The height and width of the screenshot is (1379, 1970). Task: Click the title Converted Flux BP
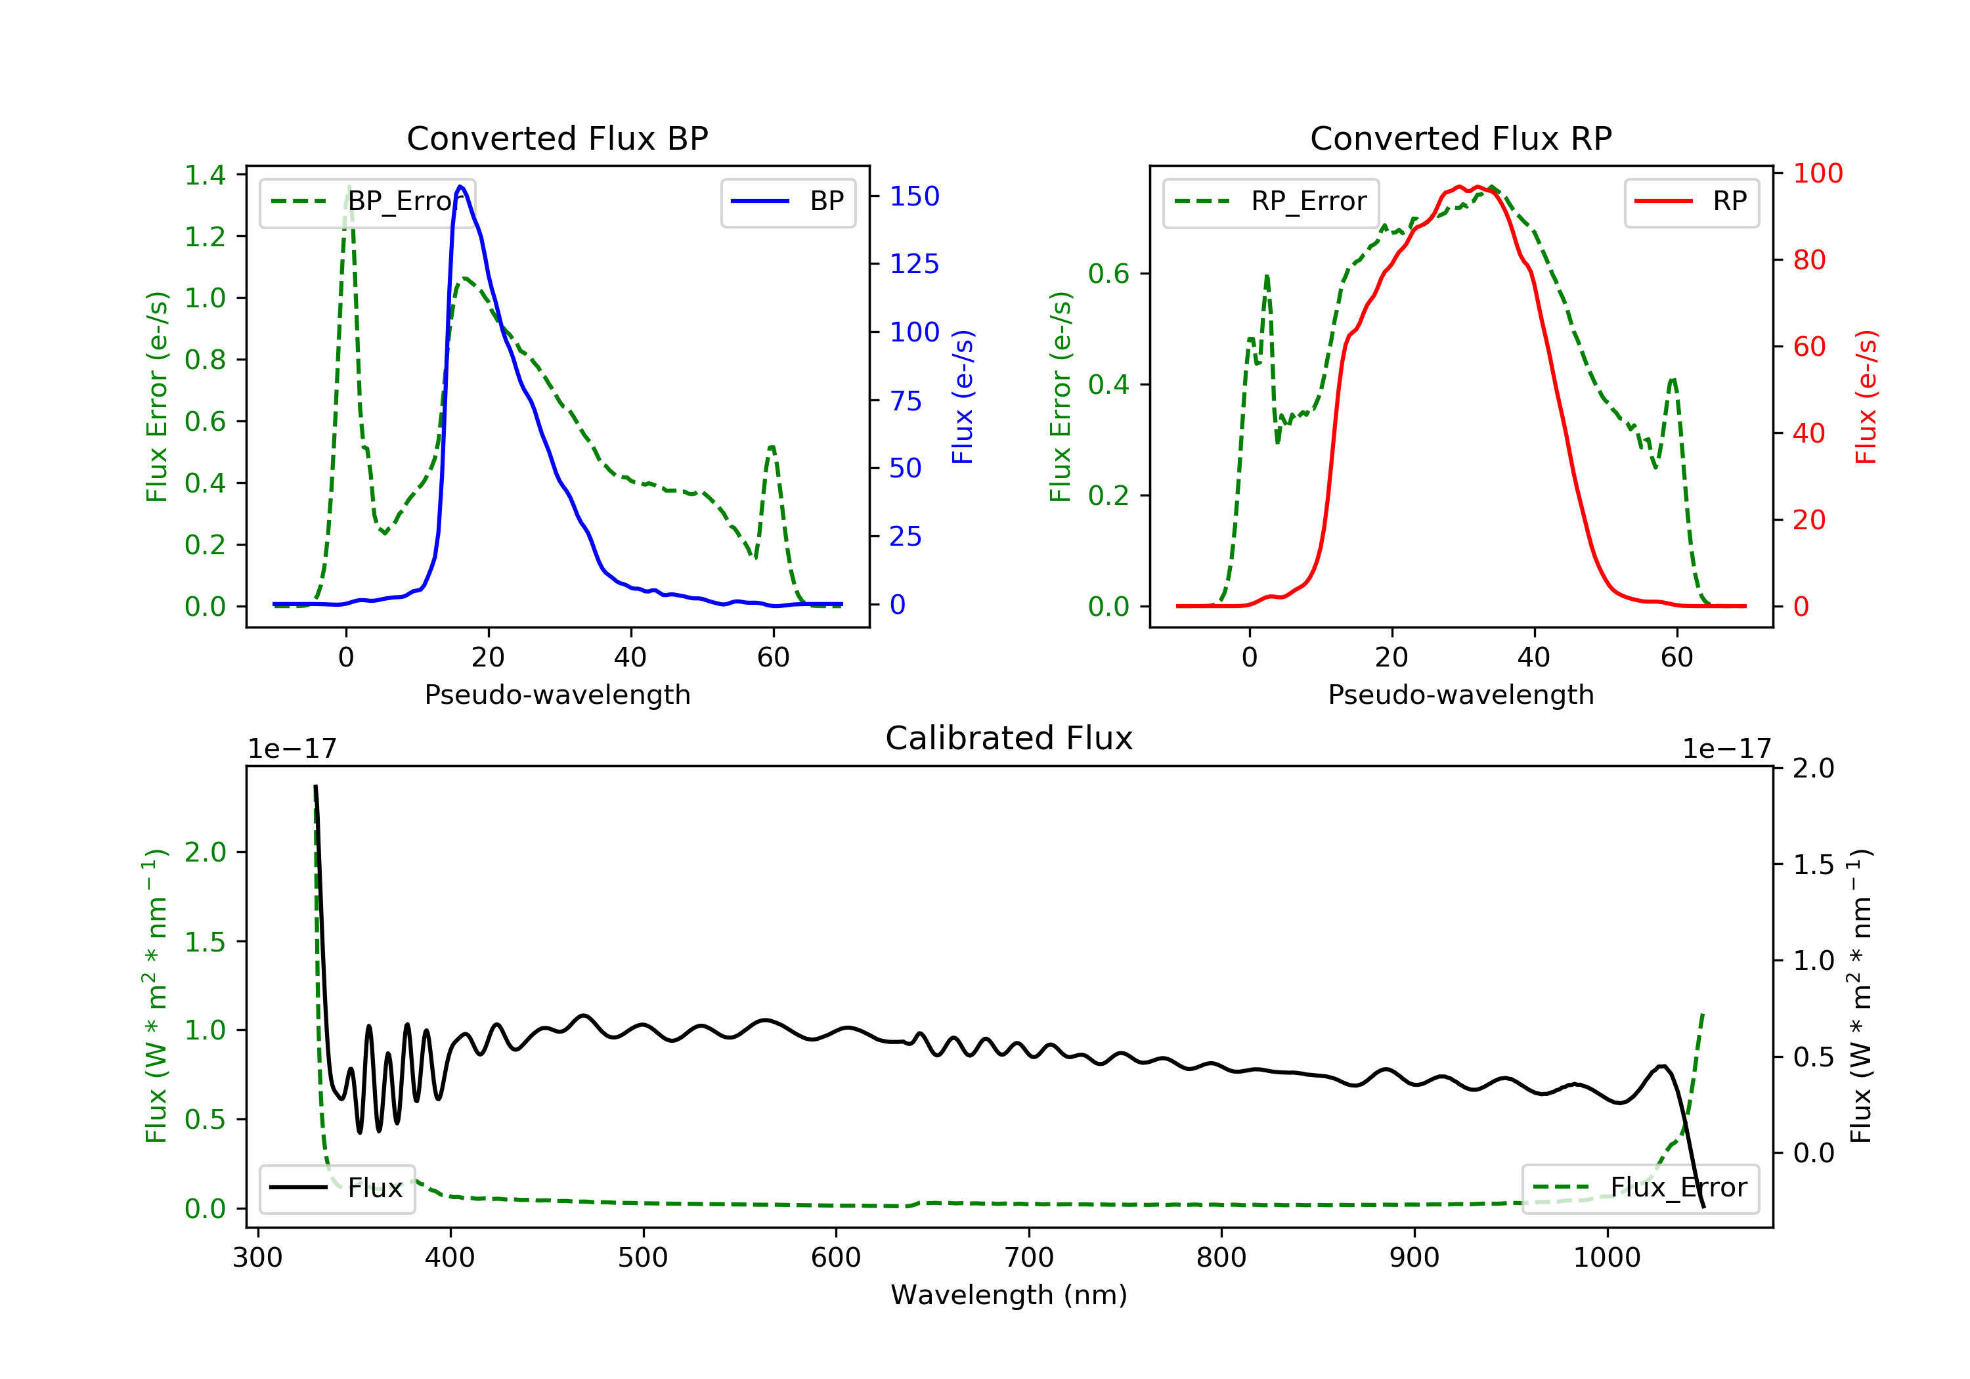pyautogui.click(x=557, y=138)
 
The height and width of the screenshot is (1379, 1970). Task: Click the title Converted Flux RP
pyautogui.click(x=1460, y=138)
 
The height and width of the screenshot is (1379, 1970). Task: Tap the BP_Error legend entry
pyautogui.click(x=367, y=202)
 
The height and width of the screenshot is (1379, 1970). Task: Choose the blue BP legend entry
pyautogui.click(x=787, y=202)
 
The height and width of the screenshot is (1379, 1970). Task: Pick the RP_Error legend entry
pyautogui.click(x=1271, y=202)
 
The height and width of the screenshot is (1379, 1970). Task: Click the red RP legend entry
pyautogui.click(x=1691, y=202)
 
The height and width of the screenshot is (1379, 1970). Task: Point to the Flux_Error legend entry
pyautogui.click(x=1640, y=1188)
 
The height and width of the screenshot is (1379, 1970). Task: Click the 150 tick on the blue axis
pyautogui.click(x=914, y=196)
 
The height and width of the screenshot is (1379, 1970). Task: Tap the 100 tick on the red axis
pyautogui.click(x=1817, y=173)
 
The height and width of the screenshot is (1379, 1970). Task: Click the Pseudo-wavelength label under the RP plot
pyautogui.click(x=1460, y=694)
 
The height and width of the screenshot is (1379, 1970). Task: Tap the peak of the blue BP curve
pyautogui.click(x=461, y=186)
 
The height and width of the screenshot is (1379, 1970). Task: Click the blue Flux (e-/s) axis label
pyautogui.click(x=963, y=397)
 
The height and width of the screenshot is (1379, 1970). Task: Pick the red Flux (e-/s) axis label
pyautogui.click(x=1866, y=397)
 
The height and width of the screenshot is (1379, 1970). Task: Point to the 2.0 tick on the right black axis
pyautogui.click(x=1813, y=768)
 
